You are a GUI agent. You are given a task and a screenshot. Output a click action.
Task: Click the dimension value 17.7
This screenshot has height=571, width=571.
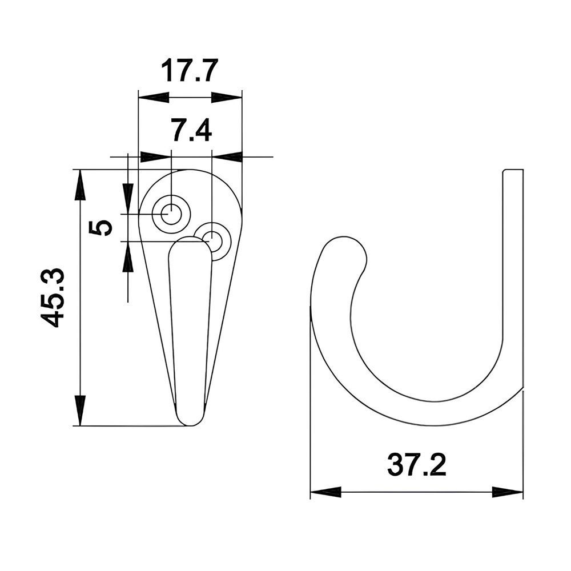click(190, 71)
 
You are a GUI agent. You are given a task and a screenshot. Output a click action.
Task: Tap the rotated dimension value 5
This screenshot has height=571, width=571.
click(100, 227)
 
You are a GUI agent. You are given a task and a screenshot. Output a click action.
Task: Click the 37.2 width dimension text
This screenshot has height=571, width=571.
click(416, 465)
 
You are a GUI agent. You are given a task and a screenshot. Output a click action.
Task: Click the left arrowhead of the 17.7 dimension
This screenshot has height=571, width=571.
click(153, 97)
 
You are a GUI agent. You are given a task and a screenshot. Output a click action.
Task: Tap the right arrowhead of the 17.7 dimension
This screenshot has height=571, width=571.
click(227, 97)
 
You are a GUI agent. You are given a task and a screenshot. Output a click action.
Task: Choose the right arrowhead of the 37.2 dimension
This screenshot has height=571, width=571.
click(508, 492)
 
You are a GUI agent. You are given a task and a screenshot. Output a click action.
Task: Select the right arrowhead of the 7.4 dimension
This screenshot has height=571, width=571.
click(227, 156)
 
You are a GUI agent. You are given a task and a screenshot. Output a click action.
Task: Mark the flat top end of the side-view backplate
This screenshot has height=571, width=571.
click(512, 170)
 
